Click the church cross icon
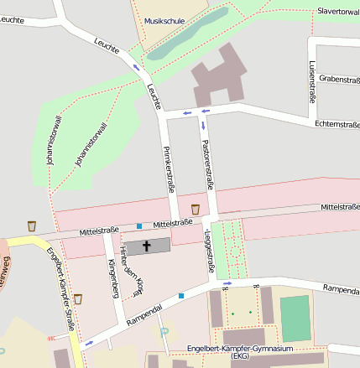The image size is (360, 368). [x=147, y=246]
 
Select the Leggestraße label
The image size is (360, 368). [x=209, y=248]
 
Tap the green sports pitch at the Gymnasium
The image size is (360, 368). [x=295, y=319]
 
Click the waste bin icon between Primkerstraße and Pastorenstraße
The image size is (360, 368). [x=196, y=209]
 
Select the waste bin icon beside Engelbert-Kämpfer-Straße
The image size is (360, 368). [x=78, y=299]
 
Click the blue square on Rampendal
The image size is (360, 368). [x=180, y=295]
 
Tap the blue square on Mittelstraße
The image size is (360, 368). [x=139, y=225]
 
